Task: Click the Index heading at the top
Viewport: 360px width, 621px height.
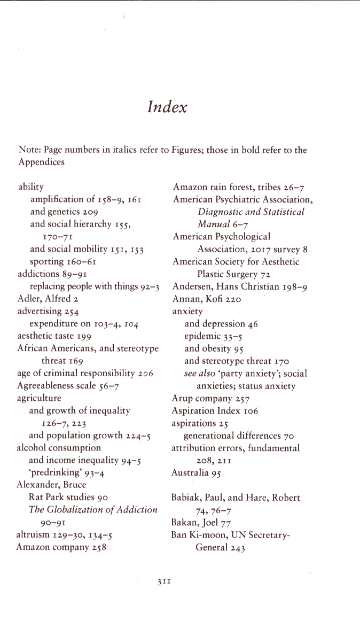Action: [x=167, y=107]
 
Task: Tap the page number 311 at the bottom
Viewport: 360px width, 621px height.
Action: [x=164, y=582]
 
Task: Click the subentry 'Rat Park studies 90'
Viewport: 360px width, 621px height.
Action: [x=69, y=497]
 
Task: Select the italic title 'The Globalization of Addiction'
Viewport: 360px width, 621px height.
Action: [x=93, y=509]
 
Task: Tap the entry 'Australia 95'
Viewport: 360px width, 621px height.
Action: [x=196, y=472]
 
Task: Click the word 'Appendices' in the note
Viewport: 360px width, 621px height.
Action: [x=41, y=162]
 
